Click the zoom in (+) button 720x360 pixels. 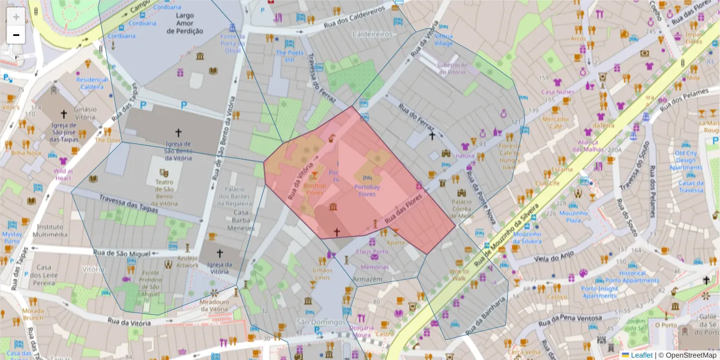tap(16, 16)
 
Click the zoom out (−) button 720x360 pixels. tap(16, 34)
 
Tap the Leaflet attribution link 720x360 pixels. tap(641, 355)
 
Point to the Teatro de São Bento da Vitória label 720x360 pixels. tap(164, 193)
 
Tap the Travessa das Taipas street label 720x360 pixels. tap(128, 205)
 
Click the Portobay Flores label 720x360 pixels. tap(367, 190)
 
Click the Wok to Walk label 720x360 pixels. tap(459, 274)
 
